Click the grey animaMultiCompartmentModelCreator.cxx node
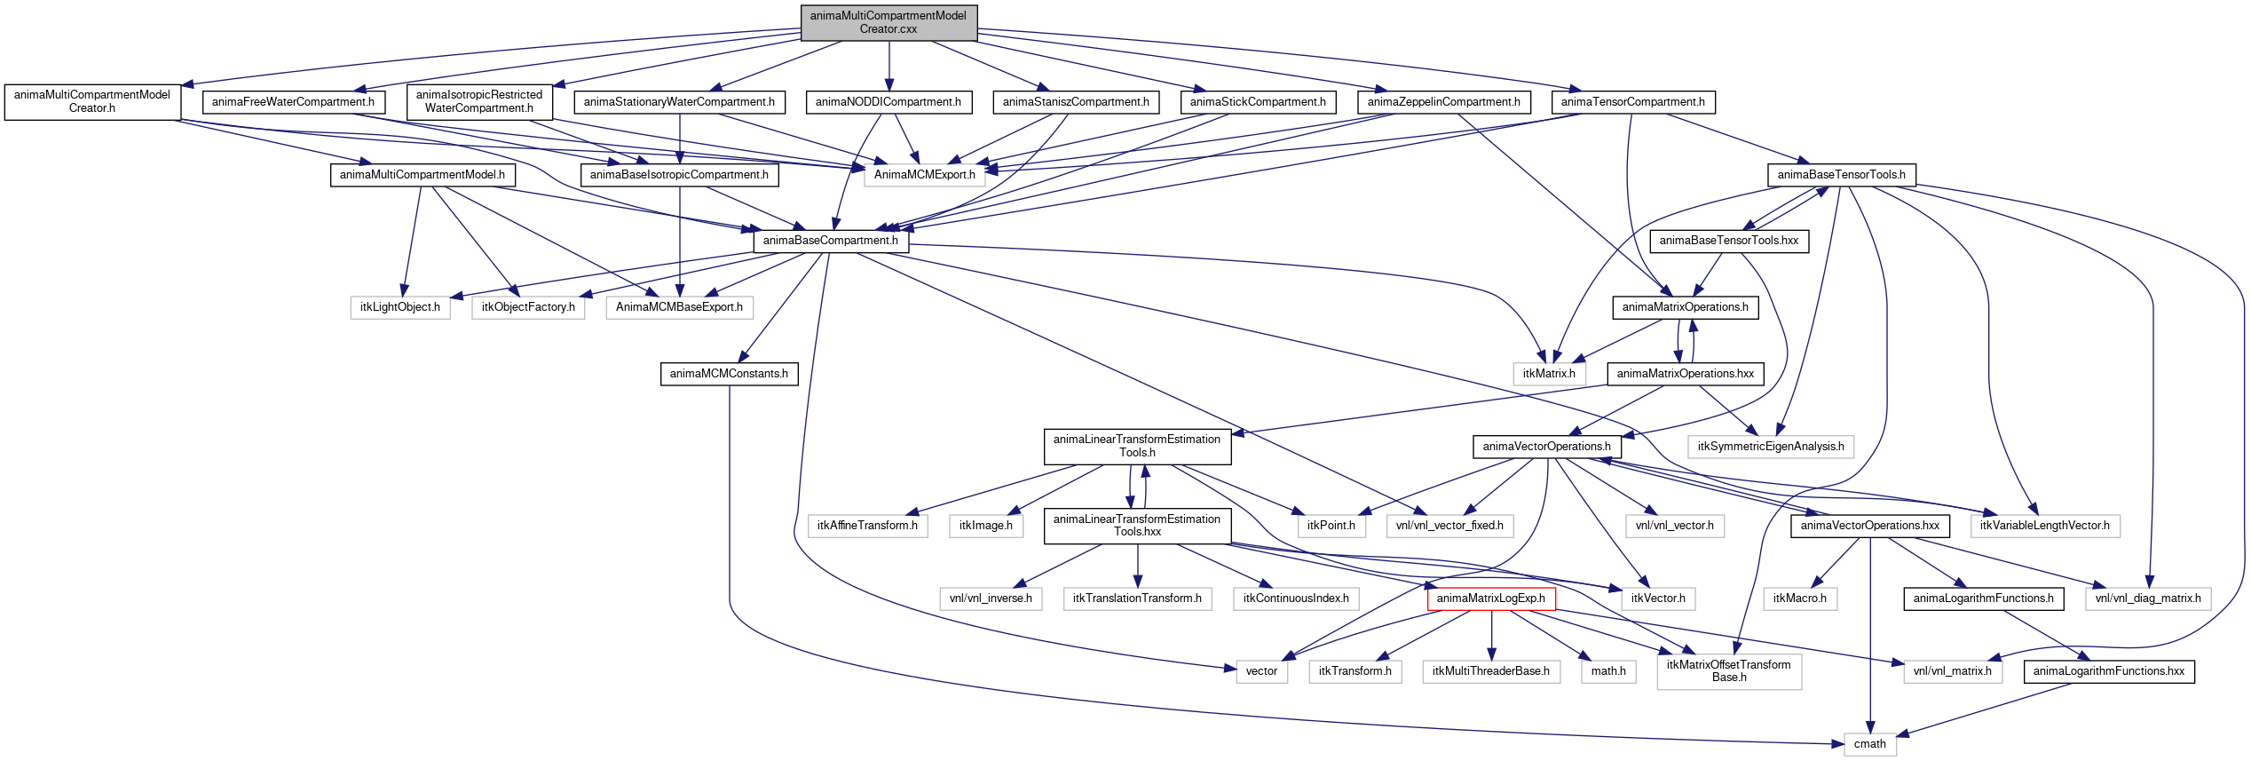tap(889, 23)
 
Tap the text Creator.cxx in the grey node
tap(889, 29)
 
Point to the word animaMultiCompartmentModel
tap(889, 15)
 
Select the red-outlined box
tap(1491, 599)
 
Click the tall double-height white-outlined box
tap(1729, 672)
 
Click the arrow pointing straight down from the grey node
tap(889, 67)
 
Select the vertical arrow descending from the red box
tap(1491, 635)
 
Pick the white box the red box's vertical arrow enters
tap(1491, 672)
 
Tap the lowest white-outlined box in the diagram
tap(1870, 745)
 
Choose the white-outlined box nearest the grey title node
tap(924, 176)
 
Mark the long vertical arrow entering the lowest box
tap(1870, 639)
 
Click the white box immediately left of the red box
tap(1296, 599)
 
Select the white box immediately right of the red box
tap(1658, 599)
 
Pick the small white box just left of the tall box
tap(1608, 672)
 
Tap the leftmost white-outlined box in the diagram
tap(399, 308)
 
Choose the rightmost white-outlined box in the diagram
tap(2147, 599)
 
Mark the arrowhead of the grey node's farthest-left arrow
tap(186, 85)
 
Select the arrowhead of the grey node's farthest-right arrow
tap(1576, 90)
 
